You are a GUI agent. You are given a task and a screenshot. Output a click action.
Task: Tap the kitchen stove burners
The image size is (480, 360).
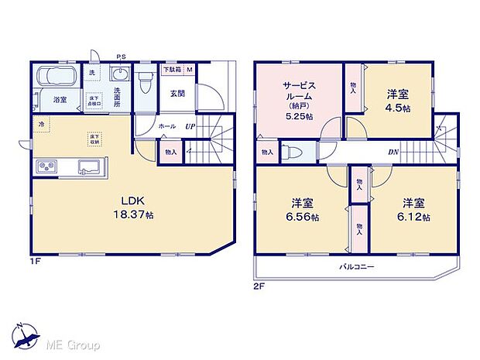pyautogui.click(x=45, y=166)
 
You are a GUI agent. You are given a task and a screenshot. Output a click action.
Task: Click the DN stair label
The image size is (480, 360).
pyautogui.click(x=393, y=153)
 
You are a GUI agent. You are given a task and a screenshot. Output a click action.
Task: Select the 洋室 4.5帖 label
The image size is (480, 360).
pyautogui.click(x=399, y=100)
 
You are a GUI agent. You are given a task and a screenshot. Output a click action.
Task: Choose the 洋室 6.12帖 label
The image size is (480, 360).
pyautogui.click(x=415, y=209)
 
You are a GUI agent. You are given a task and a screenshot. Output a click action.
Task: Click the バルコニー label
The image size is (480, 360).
pyautogui.click(x=356, y=266)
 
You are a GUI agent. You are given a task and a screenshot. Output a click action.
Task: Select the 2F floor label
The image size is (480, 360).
pyautogui.click(x=259, y=285)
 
